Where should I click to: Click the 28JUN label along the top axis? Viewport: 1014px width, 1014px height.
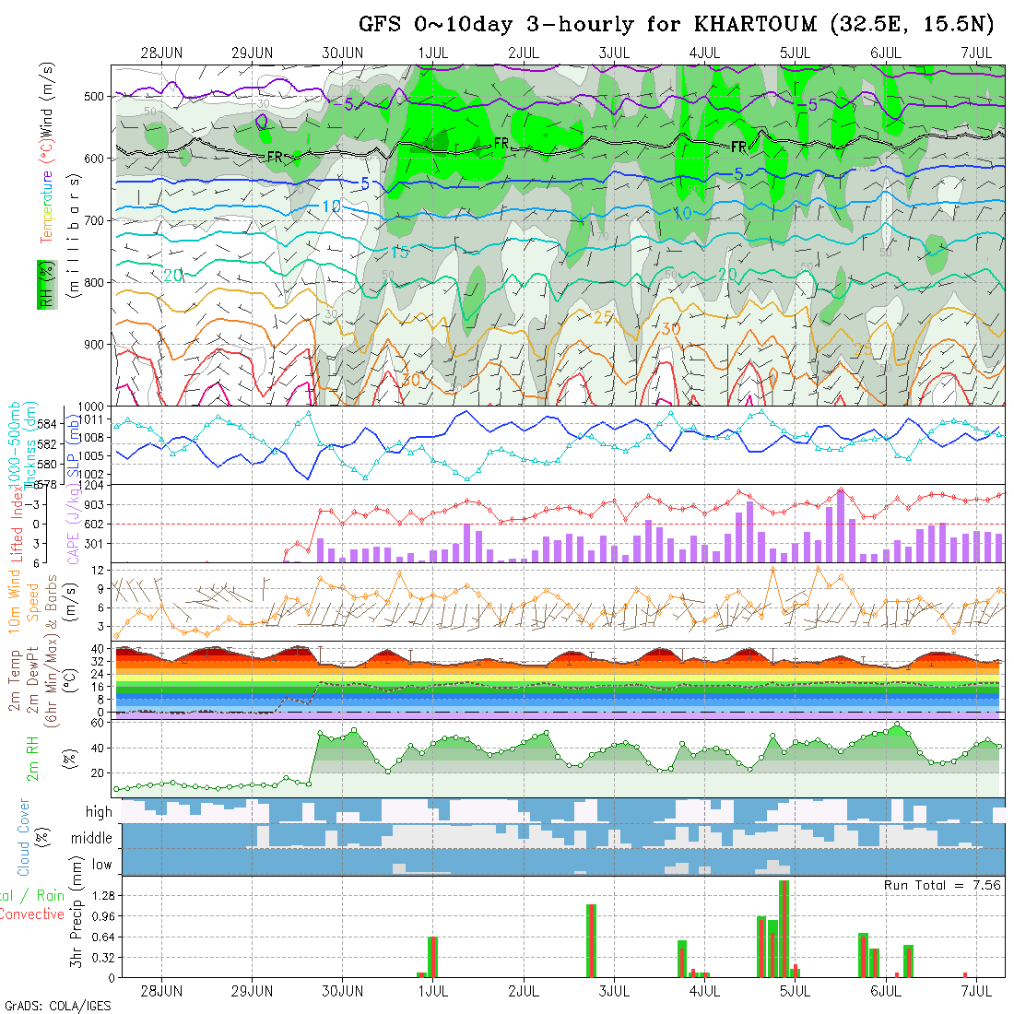(162, 52)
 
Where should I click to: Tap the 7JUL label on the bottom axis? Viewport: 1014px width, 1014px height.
(975, 991)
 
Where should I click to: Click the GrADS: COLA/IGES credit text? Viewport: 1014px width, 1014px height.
(57, 1006)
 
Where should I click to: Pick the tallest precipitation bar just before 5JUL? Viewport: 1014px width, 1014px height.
(784, 928)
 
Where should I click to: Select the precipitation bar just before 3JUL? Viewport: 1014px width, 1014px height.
(591, 940)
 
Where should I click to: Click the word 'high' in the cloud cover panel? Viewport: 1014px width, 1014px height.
(99, 812)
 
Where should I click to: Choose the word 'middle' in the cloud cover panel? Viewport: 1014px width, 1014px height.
(92, 839)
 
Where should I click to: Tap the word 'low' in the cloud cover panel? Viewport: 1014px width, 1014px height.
(101, 865)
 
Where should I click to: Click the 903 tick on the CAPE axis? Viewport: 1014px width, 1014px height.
(100, 504)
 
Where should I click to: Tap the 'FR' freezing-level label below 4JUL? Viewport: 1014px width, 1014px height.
(739, 147)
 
